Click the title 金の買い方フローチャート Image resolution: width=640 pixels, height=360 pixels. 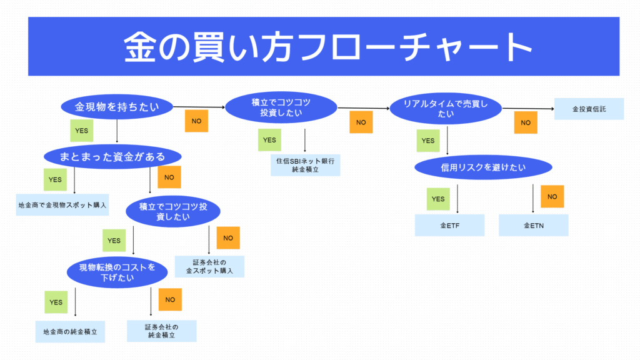pyautogui.click(x=323, y=46)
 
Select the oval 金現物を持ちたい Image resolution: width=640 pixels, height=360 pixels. pyautogui.click(x=117, y=107)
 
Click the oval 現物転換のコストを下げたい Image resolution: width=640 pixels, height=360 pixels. pyautogui.click(x=119, y=272)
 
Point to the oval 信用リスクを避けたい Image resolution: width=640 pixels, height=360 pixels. pyautogui.click(x=483, y=167)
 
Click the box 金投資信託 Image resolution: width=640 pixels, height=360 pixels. pyautogui.click(x=589, y=109)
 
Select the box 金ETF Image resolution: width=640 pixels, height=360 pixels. pyautogui.click(x=450, y=225)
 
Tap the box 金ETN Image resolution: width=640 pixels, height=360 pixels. pyautogui.click(x=533, y=225)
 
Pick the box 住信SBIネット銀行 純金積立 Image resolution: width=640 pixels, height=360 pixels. pyautogui.click(x=306, y=164)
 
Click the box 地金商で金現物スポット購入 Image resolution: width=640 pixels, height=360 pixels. pyautogui.click(x=62, y=204)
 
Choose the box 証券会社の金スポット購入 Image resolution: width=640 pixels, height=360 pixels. pyautogui.click(x=209, y=266)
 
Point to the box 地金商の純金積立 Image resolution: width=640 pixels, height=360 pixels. pyautogui.click(x=70, y=331)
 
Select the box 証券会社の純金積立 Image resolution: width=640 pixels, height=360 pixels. pyautogui.click(x=161, y=331)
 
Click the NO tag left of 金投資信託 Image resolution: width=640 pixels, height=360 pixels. pyautogui.click(x=526, y=122)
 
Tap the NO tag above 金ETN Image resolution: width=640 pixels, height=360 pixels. pyautogui.click(x=552, y=196)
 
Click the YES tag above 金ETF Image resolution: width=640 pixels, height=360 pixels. pyautogui.click(x=438, y=199)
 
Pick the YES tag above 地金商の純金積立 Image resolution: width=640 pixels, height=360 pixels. pyautogui.click(x=56, y=302)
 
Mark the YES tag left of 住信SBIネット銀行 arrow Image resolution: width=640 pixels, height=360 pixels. pyautogui.click(x=269, y=140)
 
